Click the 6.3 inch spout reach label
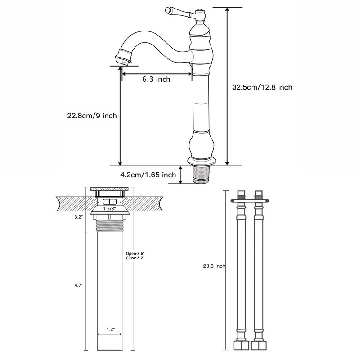tap(156, 80)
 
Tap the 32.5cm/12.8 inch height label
tap(262, 87)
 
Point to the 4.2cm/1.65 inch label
tap(147, 175)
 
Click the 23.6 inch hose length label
tap(214, 266)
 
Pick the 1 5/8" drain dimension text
tap(110, 208)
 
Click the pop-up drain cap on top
tap(110, 189)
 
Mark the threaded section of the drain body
tap(110, 224)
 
